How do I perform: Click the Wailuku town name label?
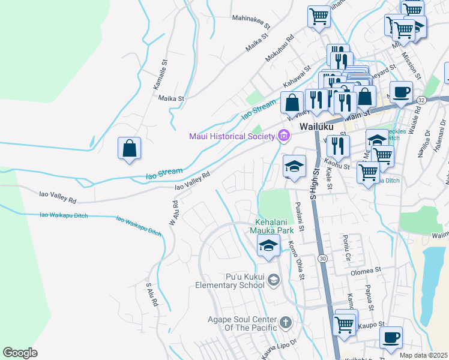point(316,127)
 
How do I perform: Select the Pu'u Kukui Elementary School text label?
point(229,281)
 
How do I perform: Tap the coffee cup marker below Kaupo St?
point(391,337)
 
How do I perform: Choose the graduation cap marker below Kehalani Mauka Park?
point(268,245)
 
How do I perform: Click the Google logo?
point(20,352)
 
